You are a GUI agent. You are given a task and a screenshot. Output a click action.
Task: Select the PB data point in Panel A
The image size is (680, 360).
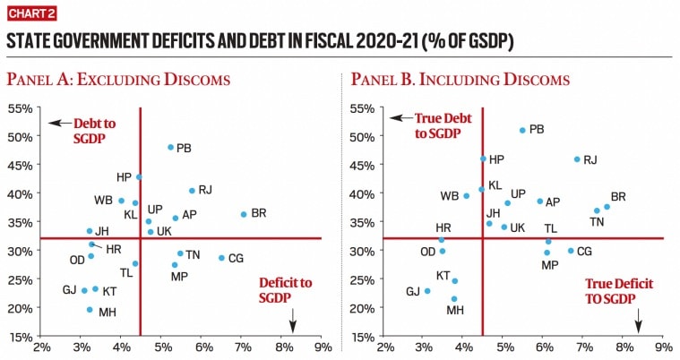click(x=170, y=147)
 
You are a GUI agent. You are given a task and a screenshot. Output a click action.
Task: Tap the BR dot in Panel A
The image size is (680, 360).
click(x=243, y=214)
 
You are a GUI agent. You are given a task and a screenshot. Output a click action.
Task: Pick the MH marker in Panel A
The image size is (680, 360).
click(x=90, y=310)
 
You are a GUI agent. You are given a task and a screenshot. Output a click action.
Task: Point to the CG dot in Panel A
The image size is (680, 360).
click(x=221, y=258)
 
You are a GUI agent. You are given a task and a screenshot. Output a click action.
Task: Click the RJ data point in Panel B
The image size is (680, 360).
click(x=577, y=159)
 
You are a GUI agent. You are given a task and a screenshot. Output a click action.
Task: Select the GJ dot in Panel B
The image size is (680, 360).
click(x=427, y=291)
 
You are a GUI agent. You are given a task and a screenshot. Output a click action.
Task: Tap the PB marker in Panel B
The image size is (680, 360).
click(x=522, y=130)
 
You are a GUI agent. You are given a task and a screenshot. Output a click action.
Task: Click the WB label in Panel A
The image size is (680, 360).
click(x=103, y=200)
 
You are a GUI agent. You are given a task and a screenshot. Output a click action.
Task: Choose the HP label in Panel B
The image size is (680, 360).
click(x=496, y=159)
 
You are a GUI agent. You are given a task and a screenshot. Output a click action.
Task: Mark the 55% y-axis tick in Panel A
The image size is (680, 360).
click(x=22, y=108)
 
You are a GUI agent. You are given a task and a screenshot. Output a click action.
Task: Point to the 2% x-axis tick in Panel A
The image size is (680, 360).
click(x=41, y=347)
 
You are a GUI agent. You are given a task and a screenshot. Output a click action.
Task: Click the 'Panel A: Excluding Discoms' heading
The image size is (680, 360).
click(x=117, y=80)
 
